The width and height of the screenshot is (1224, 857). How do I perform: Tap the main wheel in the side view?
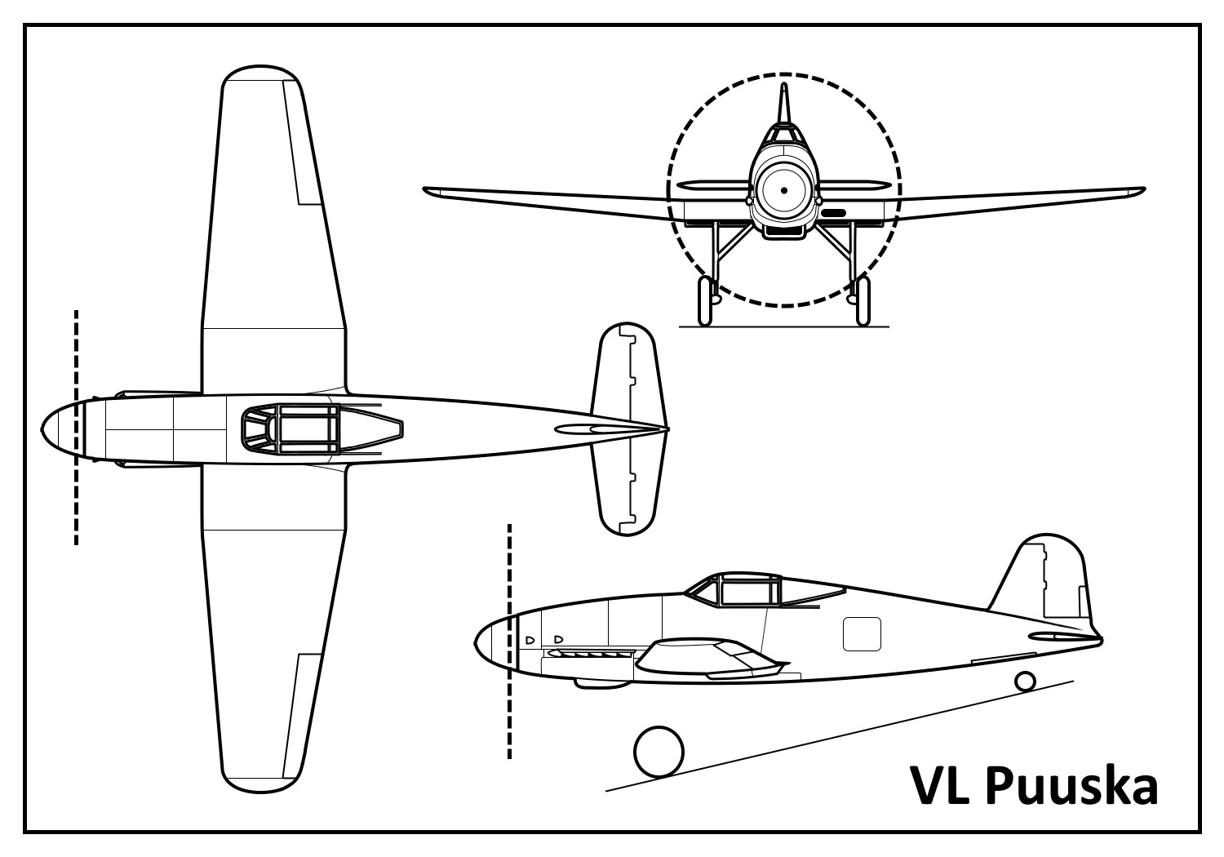659,752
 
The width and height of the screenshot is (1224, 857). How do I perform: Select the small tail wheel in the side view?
1025,681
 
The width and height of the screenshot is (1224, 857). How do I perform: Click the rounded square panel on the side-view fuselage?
862,634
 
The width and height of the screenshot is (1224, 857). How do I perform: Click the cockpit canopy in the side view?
738,589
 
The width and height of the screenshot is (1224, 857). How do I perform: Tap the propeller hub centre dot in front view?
783,190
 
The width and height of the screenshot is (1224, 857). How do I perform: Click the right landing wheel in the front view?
862,300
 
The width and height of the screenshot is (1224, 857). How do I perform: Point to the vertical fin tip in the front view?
783,90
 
